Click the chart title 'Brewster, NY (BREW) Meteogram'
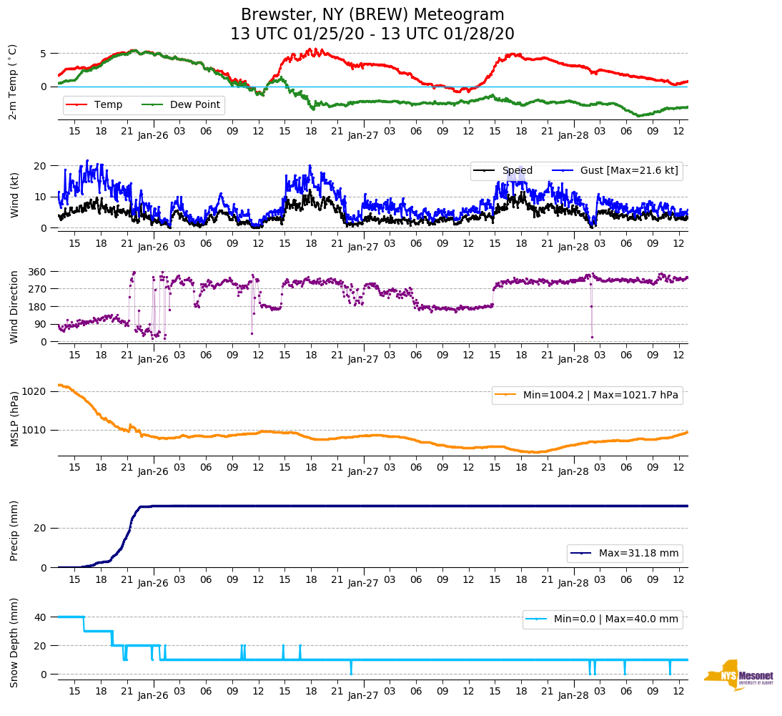[x=372, y=15]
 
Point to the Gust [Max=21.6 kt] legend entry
[x=615, y=171]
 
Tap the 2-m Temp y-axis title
[x=13, y=82]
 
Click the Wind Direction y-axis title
[x=14, y=307]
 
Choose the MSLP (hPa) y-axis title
[x=14, y=419]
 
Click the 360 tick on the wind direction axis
[x=38, y=272]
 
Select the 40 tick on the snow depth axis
[x=41, y=617]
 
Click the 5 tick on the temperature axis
[x=44, y=54]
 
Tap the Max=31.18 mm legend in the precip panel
[x=625, y=554]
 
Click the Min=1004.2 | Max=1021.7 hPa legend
[x=587, y=394]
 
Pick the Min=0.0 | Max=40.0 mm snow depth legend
[x=603, y=619]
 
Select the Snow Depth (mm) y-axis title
[x=14, y=642]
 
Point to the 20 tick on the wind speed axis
[x=41, y=166]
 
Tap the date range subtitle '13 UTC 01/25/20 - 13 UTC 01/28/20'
[x=372, y=34]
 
